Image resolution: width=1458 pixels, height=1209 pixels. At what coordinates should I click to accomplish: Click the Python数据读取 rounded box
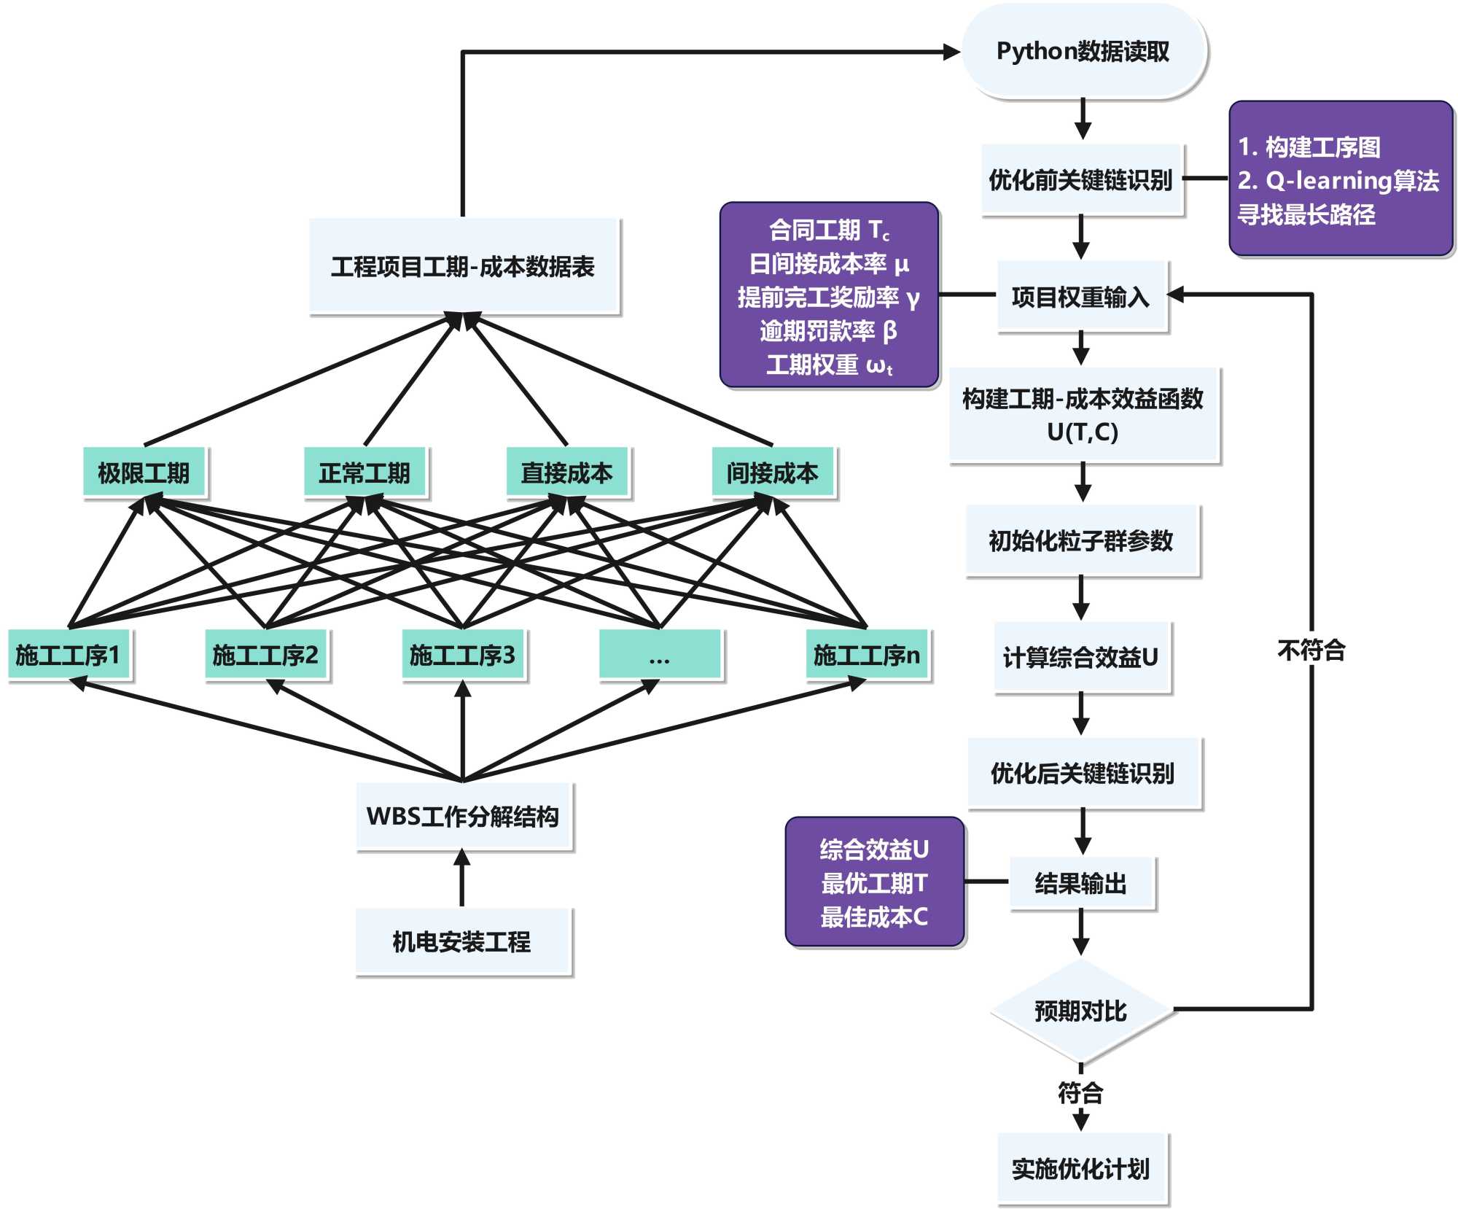(1083, 51)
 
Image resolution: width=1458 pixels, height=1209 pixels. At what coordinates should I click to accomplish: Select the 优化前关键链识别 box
(1081, 179)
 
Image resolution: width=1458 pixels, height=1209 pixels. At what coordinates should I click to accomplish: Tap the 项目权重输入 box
(1082, 297)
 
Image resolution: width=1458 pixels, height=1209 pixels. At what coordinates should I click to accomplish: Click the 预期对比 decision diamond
(1081, 1011)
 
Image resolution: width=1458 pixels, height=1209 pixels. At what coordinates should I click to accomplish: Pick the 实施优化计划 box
(1082, 1168)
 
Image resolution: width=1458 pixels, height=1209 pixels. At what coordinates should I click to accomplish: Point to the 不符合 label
(1311, 650)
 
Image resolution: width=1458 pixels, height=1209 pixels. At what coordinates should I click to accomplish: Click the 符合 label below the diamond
(1080, 1092)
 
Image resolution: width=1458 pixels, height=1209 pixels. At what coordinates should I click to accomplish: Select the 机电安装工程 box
(463, 941)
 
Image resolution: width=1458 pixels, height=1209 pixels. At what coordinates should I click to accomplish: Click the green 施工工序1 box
(69, 655)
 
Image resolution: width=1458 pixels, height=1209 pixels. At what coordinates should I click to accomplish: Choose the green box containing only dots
(660, 655)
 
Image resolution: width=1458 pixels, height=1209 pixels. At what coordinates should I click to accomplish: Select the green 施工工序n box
(868, 655)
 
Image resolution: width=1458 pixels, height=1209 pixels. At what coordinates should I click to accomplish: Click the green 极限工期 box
(144, 473)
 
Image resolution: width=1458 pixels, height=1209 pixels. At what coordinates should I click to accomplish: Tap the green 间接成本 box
(773, 473)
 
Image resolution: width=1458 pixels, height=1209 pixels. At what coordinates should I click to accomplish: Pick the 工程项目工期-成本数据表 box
(464, 266)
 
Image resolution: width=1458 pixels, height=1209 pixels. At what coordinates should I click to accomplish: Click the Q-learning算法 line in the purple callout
(1338, 180)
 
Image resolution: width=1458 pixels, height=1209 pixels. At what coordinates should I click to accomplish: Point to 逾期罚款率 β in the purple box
(828, 331)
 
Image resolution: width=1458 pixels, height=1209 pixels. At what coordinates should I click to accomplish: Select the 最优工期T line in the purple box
(874, 883)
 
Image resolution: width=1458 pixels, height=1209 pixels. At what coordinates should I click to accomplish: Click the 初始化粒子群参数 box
(1082, 540)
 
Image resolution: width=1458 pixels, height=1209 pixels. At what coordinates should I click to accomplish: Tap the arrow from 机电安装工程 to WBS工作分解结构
(462, 879)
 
